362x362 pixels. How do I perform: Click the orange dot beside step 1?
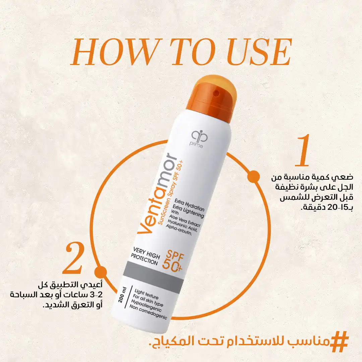(x=254, y=176)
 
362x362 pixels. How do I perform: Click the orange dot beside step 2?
(x=100, y=272)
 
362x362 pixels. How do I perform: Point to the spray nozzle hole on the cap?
(x=216, y=91)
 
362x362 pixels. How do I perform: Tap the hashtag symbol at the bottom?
(x=339, y=341)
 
